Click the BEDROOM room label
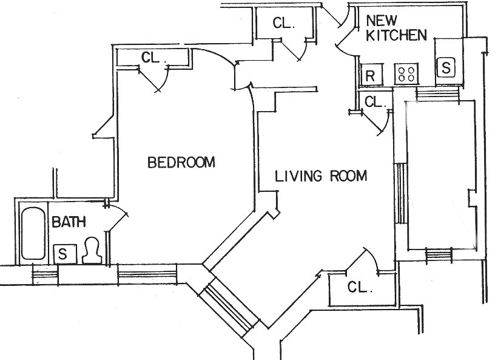pos(182,163)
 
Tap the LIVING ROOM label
pos(321,177)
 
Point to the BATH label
pos(69,222)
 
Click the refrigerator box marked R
pos(369,75)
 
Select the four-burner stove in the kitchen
pos(406,74)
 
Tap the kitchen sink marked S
pos(446,67)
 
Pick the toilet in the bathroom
pos(92,250)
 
